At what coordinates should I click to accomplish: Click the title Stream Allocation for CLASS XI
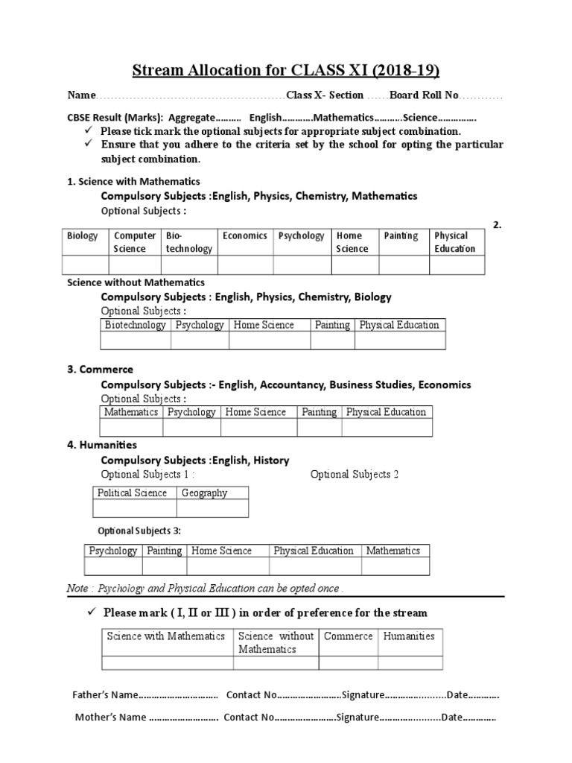click(x=286, y=71)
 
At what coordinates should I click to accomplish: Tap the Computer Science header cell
click(x=134, y=242)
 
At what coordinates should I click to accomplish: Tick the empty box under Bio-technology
click(x=188, y=265)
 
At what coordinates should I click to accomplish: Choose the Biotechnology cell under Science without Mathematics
click(x=136, y=325)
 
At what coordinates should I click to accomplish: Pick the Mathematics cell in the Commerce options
click(x=131, y=412)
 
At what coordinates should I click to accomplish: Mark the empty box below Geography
click(x=212, y=508)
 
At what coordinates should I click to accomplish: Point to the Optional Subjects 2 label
click(x=355, y=475)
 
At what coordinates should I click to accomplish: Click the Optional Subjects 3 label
click(x=139, y=531)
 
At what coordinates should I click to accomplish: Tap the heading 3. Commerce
click(x=101, y=370)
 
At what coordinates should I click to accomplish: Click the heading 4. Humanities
click(x=102, y=445)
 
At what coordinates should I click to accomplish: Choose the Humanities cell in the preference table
click(x=408, y=636)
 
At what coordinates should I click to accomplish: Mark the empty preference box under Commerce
click(x=348, y=663)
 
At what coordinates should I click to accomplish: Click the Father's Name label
click(x=104, y=695)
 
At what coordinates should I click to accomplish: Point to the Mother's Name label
click(x=107, y=718)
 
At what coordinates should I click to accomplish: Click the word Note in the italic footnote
click(x=77, y=589)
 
